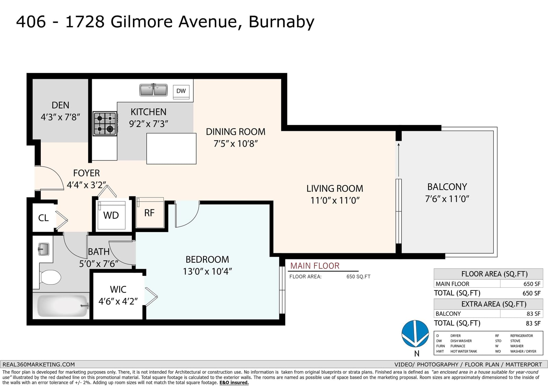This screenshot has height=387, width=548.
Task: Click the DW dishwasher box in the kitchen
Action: (181, 91)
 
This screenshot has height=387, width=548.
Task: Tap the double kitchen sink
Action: (153, 90)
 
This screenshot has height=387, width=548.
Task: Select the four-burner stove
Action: (105, 124)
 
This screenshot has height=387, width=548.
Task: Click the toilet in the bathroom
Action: (50, 277)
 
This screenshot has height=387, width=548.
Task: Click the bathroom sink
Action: (43, 249)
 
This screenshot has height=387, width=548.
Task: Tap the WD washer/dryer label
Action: (111, 215)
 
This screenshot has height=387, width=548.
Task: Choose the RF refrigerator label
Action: (149, 213)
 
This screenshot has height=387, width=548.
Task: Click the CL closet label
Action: (43, 218)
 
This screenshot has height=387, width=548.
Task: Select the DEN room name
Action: (60, 105)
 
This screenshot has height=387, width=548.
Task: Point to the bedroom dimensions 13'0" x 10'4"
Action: (207, 271)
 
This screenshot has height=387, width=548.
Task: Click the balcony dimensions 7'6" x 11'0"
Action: (447, 199)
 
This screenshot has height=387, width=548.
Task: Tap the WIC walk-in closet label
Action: (118, 289)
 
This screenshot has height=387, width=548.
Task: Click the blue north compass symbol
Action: (415, 334)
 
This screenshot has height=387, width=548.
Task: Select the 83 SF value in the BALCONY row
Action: (533, 314)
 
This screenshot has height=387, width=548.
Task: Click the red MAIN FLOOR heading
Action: (315, 266)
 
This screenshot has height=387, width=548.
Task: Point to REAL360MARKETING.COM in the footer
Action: (38, 364)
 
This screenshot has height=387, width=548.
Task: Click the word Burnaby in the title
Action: (281, 22)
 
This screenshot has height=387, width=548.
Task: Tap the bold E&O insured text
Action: (234, 383)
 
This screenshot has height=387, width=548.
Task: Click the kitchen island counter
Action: (171, 149)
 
